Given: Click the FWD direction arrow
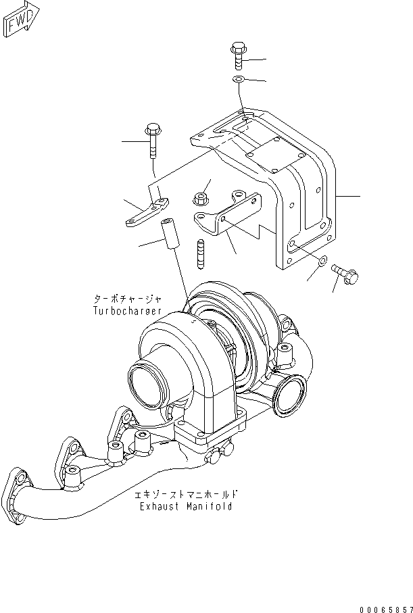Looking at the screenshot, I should point(22,20).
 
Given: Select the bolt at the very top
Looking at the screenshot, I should point(237,55).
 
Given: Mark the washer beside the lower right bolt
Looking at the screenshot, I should point(322,261).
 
